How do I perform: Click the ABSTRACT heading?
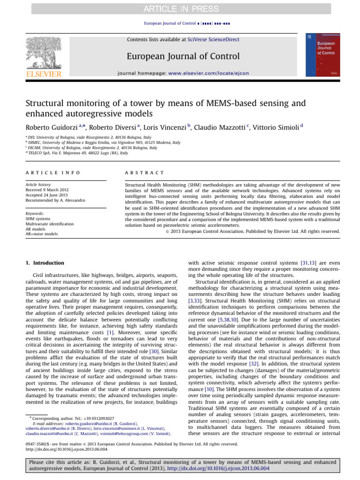(139, 173)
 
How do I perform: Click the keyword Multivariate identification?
(49, 224)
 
